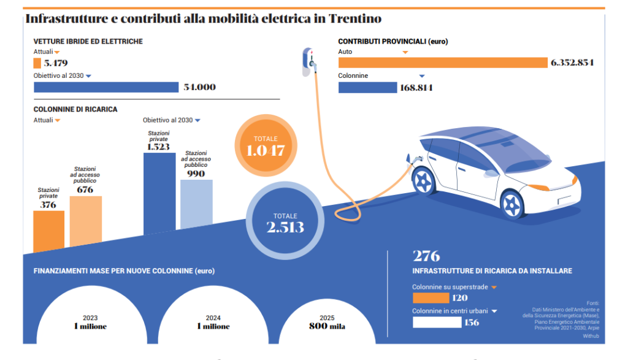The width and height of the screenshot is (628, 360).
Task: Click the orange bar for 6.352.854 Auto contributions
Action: pos(442,63)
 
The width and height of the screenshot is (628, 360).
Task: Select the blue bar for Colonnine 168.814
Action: pos(367,88)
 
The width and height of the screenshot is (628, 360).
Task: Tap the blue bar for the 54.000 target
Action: pos(105,87)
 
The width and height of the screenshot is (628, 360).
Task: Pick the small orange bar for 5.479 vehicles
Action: pos(37,63)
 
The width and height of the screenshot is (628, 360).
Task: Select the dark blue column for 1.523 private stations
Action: pos(159,193)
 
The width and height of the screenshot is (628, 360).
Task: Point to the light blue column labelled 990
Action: pos(196,204)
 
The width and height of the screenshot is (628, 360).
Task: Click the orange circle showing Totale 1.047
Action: pos(265,145)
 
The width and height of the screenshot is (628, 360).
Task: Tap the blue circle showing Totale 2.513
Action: pos(285,222)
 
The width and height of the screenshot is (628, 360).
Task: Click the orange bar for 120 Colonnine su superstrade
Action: pos(431,298)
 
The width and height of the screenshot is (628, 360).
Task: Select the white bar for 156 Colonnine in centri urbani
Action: pos(437,322)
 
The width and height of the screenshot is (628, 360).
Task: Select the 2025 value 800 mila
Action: pos(327,326)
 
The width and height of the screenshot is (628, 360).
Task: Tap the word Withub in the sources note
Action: pos(591,336)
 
